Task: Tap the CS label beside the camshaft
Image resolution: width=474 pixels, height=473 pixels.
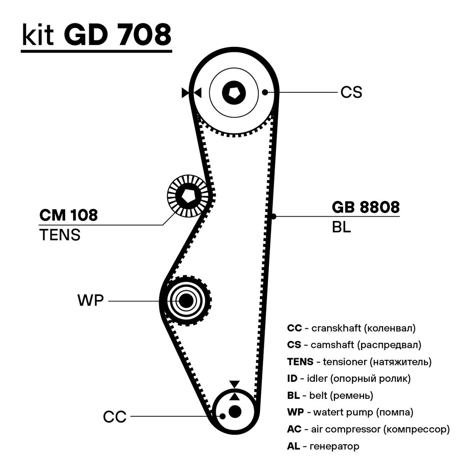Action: pos(351,93)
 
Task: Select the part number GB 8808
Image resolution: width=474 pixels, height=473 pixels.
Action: pos(365,208)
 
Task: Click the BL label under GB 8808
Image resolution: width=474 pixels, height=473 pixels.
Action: pos(341,228)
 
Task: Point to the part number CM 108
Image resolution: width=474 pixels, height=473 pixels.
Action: pos(68,215)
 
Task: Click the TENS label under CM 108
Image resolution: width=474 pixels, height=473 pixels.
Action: pos(60,235)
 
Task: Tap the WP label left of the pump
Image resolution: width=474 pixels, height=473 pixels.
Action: pos(90,301)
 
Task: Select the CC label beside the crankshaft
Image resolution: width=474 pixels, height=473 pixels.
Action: pos(115,417)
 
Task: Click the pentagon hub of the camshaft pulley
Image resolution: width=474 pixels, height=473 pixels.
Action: pos(234,93)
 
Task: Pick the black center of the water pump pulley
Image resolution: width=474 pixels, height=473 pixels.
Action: pos(186,301)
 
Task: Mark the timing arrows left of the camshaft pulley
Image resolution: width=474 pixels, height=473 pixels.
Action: pos(192,93)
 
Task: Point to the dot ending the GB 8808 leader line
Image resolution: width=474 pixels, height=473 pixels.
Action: pos(273,216)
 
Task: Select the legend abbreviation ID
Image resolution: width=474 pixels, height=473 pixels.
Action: pos(292,379)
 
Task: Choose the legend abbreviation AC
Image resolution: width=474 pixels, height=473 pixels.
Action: pos(294,429)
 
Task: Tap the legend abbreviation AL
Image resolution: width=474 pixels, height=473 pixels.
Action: pos(293,446)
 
